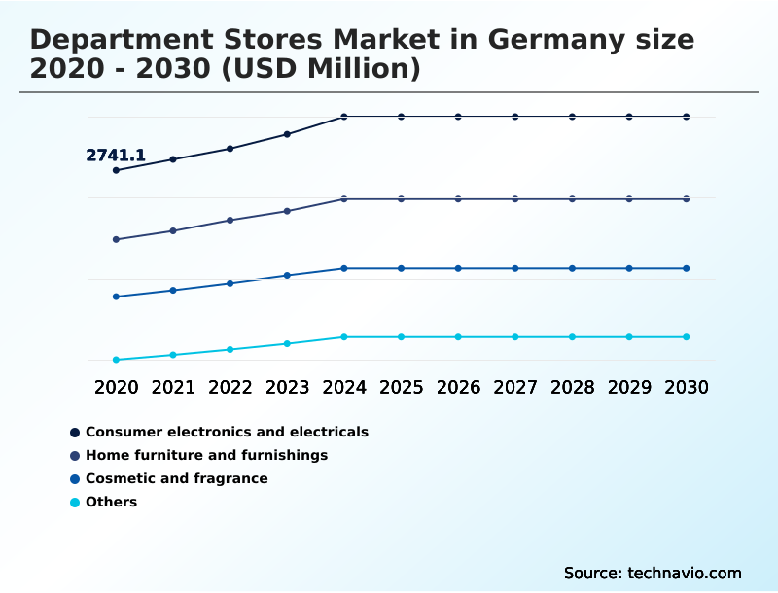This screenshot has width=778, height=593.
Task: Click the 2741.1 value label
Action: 116,155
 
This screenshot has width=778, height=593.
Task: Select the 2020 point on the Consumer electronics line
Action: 116,170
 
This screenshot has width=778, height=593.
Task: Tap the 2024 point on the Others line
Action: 344,337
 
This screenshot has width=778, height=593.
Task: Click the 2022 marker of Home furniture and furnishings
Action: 230,220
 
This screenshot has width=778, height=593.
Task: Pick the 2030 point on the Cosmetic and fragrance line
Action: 687,268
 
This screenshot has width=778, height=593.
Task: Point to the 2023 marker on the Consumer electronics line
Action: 287,134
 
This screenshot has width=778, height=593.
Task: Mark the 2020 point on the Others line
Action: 116,360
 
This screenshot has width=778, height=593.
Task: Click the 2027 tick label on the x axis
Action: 515,387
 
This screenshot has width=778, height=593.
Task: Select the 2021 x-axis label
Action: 173,387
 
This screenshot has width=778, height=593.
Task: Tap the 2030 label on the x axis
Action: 687,387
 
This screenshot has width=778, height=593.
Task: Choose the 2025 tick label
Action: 401,387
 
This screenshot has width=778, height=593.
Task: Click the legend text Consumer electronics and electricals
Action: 227,432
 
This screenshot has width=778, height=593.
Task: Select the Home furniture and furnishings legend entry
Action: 206,455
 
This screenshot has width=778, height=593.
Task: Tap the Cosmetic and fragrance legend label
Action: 176,478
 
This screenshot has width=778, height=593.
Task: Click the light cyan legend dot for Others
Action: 75,503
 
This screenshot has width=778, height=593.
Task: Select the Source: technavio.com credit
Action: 653,573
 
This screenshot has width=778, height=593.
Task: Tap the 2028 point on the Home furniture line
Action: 572,199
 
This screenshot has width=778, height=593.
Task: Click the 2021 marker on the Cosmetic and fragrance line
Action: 173,291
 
